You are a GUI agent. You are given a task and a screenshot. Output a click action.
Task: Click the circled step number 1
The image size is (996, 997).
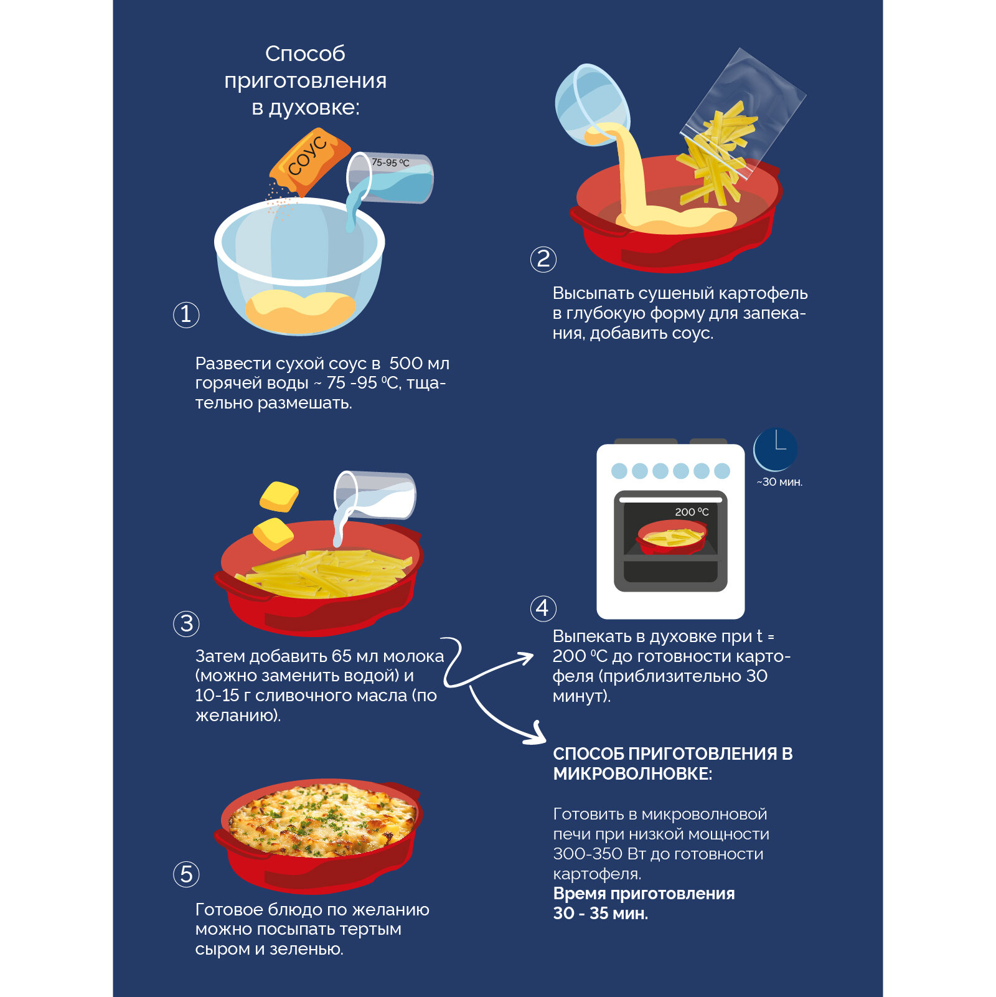click(x=186, y=314)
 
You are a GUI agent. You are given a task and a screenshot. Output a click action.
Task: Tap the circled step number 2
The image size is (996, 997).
click(x=543, y=259)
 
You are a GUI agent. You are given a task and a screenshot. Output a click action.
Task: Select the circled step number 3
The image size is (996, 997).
click(x=186, y=623)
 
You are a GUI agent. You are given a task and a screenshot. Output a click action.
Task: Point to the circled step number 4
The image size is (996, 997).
click(x=543, y=608)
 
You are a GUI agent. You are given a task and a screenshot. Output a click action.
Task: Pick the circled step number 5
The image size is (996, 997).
click(x=186, y=874)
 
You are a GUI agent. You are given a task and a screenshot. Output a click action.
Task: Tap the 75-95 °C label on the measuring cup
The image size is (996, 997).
click(x=390, y=163)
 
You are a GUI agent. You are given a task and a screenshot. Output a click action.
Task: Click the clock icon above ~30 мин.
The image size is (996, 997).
click(x=776, y=449)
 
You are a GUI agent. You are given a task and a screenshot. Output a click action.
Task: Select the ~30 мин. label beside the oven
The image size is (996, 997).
click(x=779, y=482)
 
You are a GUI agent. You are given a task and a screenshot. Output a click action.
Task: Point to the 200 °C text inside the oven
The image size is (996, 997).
click(x=692, y=512)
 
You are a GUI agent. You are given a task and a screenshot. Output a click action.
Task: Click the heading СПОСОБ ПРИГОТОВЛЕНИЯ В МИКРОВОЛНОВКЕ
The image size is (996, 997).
click(x=672, y=763)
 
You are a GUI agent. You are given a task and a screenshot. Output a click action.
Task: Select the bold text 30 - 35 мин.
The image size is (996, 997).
click(x=600, y=914)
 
